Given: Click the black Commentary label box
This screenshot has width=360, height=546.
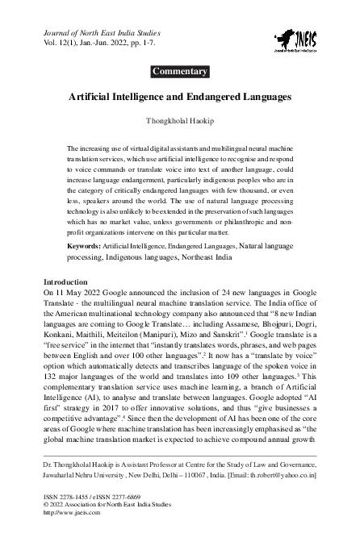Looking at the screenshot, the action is [180, 72].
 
